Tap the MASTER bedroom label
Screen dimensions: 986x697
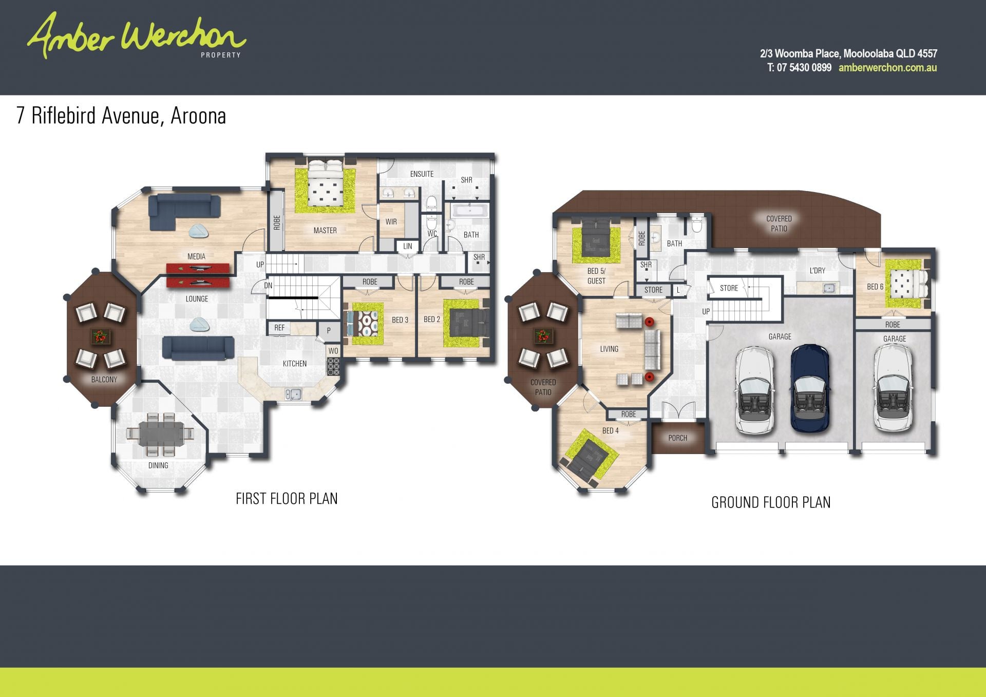(x=325, y=231)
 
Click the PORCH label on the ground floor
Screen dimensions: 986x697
(x=678, y=438)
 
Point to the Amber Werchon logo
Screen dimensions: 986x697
(x=137, y=36)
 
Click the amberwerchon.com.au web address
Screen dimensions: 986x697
(x=887, y=68)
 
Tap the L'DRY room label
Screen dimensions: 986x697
(x=817, y=270)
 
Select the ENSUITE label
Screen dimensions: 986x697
(x=422, y=174)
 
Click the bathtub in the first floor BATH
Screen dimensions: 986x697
(x=470, y=211)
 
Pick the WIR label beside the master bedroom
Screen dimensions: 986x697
(x=391, y=222)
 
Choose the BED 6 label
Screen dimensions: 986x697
(x=875, y=287)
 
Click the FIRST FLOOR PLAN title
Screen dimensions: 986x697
(x=287, y=499)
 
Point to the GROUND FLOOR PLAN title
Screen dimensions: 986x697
(x=771, y=502)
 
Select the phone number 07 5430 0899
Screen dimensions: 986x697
(x=804, y=68)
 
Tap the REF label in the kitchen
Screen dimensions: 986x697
(x=279, y=328)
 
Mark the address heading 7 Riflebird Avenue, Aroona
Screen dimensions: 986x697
(x=121, y=116)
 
